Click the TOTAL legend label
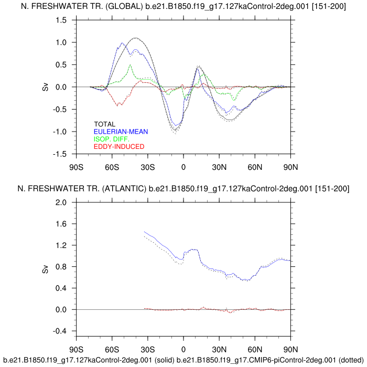click(105, 124)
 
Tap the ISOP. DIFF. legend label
click(112, 139)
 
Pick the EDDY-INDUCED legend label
click(118, 146)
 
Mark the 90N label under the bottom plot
click(290, 349)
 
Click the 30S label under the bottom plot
click(148, 349)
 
